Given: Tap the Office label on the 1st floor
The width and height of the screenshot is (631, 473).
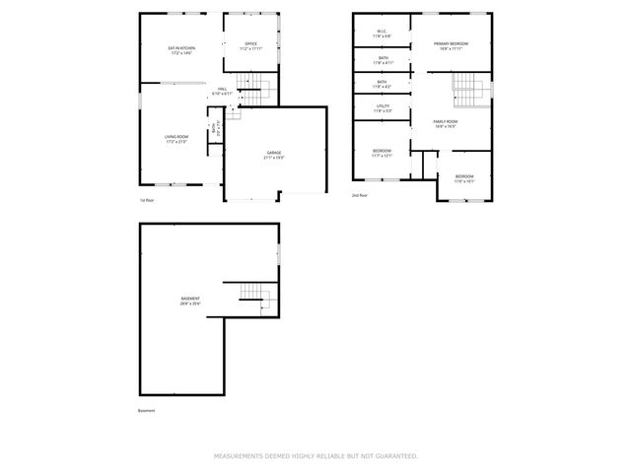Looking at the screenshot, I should (251, 45).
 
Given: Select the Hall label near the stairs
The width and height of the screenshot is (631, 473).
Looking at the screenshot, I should (223, 92).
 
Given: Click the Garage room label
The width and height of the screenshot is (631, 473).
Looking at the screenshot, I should (273, 155).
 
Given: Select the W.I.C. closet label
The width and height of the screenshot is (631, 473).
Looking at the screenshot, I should (382, 34).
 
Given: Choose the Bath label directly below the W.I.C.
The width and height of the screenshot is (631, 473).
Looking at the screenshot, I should (382, 60).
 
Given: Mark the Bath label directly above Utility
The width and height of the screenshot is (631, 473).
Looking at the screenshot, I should (382, 85).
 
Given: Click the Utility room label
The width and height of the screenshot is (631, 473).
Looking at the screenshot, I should (383, 108).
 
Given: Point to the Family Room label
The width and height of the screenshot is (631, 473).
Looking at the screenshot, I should (446, 124).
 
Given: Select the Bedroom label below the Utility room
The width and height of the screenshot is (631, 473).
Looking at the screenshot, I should (382, 153).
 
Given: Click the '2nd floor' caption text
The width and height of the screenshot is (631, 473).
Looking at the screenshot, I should (360, 196).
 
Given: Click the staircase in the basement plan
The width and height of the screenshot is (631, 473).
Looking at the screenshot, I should (252, 295).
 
